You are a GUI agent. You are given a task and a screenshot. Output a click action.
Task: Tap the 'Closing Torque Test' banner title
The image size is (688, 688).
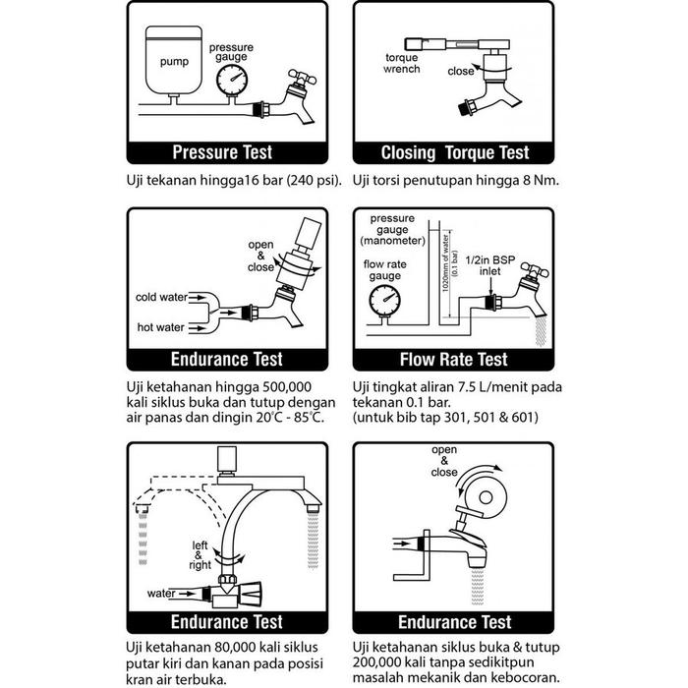455,152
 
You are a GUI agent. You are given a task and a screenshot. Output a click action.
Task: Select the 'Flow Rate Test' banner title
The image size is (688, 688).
455,359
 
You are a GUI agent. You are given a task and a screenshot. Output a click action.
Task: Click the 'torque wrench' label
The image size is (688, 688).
403,64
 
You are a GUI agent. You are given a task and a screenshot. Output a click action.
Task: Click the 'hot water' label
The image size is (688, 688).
161,325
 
